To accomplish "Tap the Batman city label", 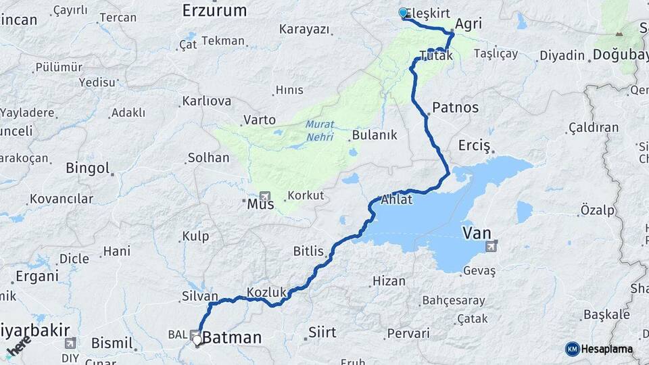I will [x=232, y=337].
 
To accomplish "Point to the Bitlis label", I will [x=309, y=251].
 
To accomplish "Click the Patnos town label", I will [x=455, y=107].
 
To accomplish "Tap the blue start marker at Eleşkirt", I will [x=404, y=13].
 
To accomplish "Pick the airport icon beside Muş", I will [x=264, y=194].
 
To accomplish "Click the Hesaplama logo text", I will [x=606, y=349].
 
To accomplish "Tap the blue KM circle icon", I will [x=572, y=349].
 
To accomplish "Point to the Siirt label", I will [x=322, y=332].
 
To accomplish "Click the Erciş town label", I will [x=474, y=145].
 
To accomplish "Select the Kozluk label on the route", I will [x=267, y=292].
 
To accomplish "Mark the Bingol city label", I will [x=88, y=168].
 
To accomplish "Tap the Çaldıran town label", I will [x=594, y=127].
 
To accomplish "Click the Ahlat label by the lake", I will [x=397, y=200].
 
